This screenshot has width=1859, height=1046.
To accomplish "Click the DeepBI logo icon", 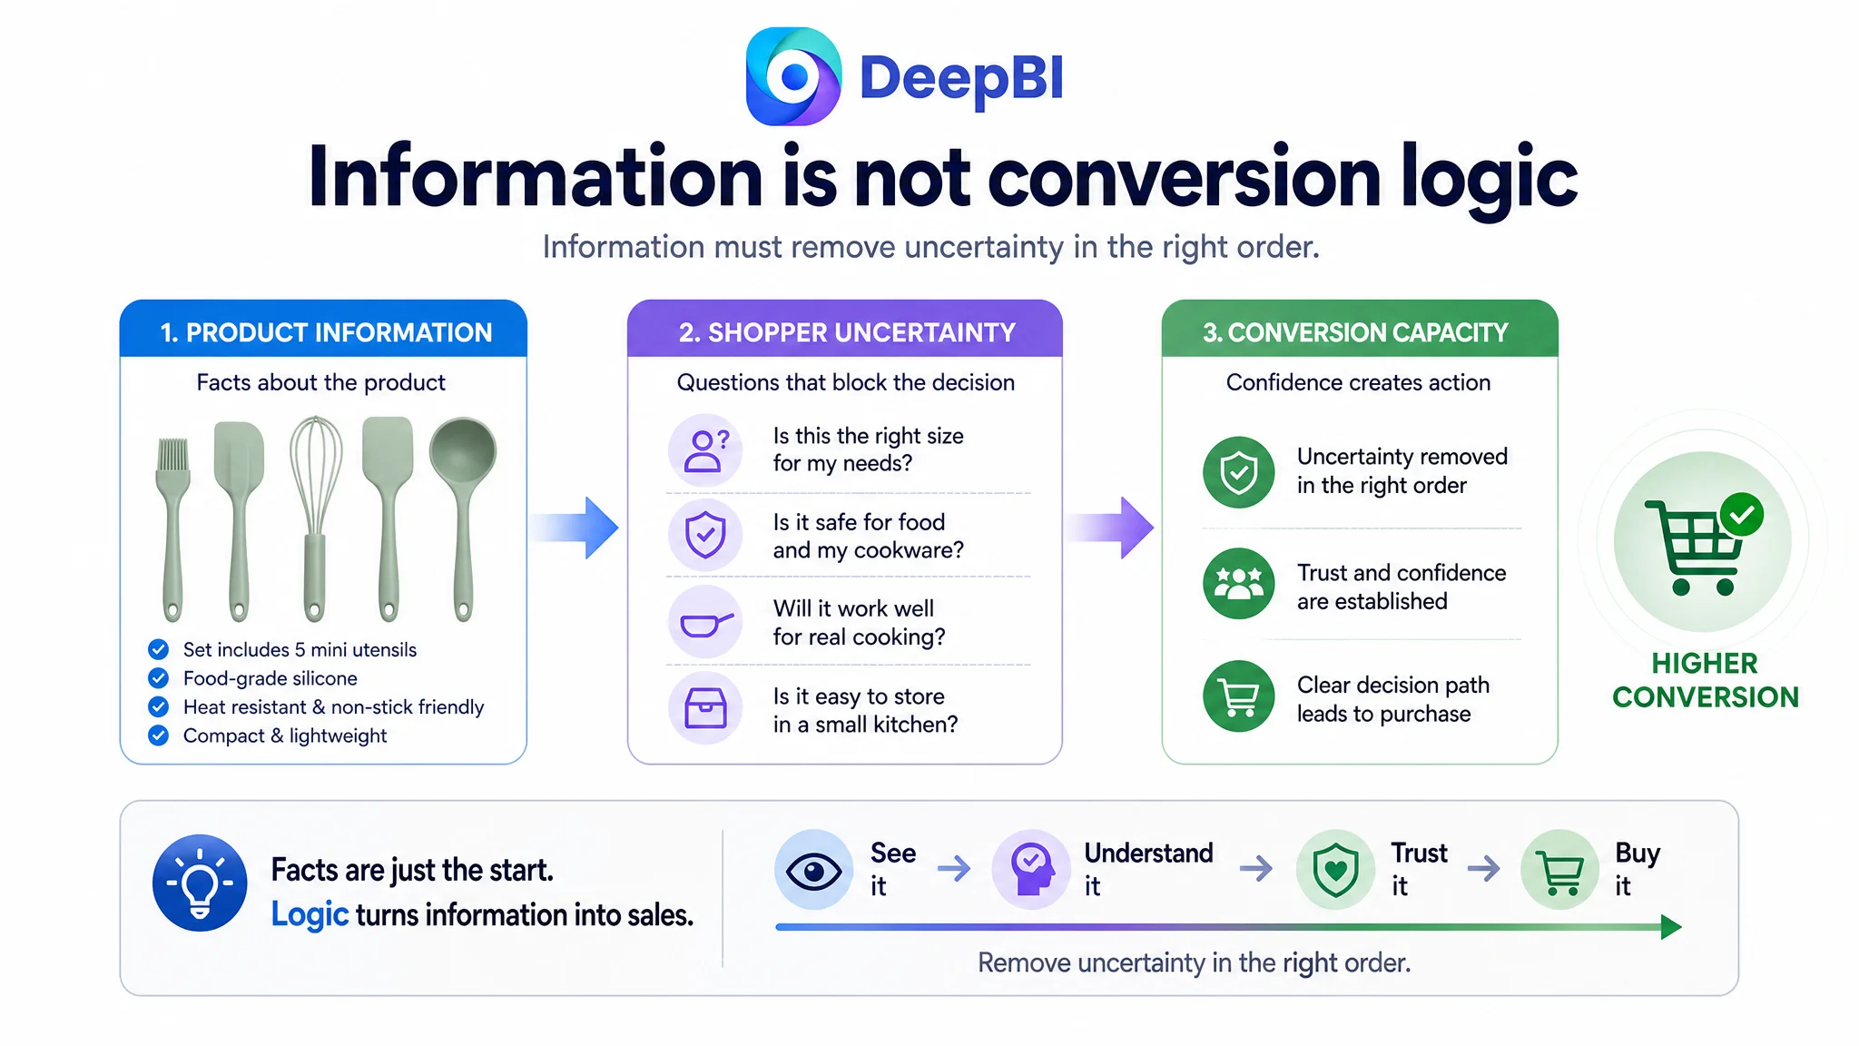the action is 793,76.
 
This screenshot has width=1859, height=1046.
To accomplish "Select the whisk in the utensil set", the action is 315,518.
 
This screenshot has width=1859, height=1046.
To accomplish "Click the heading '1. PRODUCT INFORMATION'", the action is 326,332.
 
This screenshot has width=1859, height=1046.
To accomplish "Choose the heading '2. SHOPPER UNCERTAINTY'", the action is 847,332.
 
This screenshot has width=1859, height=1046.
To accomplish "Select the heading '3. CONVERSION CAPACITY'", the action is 1355,332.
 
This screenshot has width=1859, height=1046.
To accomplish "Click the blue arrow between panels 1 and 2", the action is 575,528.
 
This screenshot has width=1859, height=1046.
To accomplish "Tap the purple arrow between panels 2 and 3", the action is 1109,528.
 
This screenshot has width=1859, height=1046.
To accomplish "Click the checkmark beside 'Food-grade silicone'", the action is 158,678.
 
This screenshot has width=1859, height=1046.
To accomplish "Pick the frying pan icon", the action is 705,623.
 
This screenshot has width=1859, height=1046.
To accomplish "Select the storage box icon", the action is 705,709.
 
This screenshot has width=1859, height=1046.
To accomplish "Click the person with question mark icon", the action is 705,449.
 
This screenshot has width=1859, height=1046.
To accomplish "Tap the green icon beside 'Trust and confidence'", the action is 1239,584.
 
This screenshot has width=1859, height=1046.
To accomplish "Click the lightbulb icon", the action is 200,883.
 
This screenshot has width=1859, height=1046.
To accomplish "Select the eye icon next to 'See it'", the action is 813,871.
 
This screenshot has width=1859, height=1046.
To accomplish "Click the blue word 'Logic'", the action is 310,914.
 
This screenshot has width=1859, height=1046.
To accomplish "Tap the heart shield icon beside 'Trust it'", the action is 1335,871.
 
